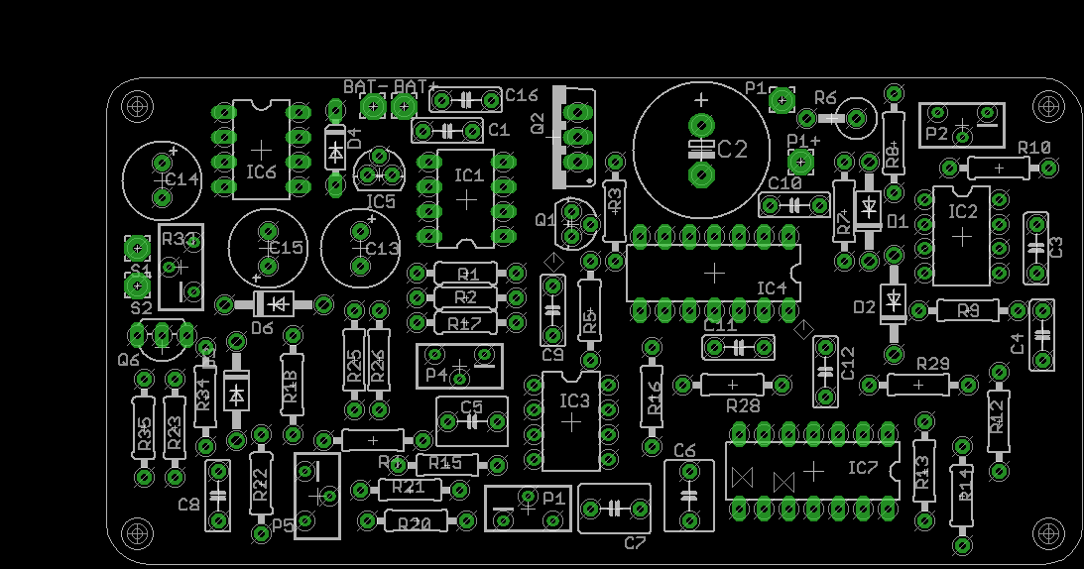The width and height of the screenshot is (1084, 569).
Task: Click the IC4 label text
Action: click(x=772, y=288)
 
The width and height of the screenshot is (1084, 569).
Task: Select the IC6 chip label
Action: click(x=261, y=171)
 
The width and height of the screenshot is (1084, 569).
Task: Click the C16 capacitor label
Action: click(x=521, y=95)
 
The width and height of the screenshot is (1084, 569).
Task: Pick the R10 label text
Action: click(x=1033, y=148)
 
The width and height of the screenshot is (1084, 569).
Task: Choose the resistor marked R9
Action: click(x=967, y=310)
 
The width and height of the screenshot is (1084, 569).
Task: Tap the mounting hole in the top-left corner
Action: click(x=137, y=104)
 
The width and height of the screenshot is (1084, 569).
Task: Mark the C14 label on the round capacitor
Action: click(x=181, y=180)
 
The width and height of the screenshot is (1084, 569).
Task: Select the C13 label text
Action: click(x=381, y=248)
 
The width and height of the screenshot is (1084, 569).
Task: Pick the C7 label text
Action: click(x=635, y=542)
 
